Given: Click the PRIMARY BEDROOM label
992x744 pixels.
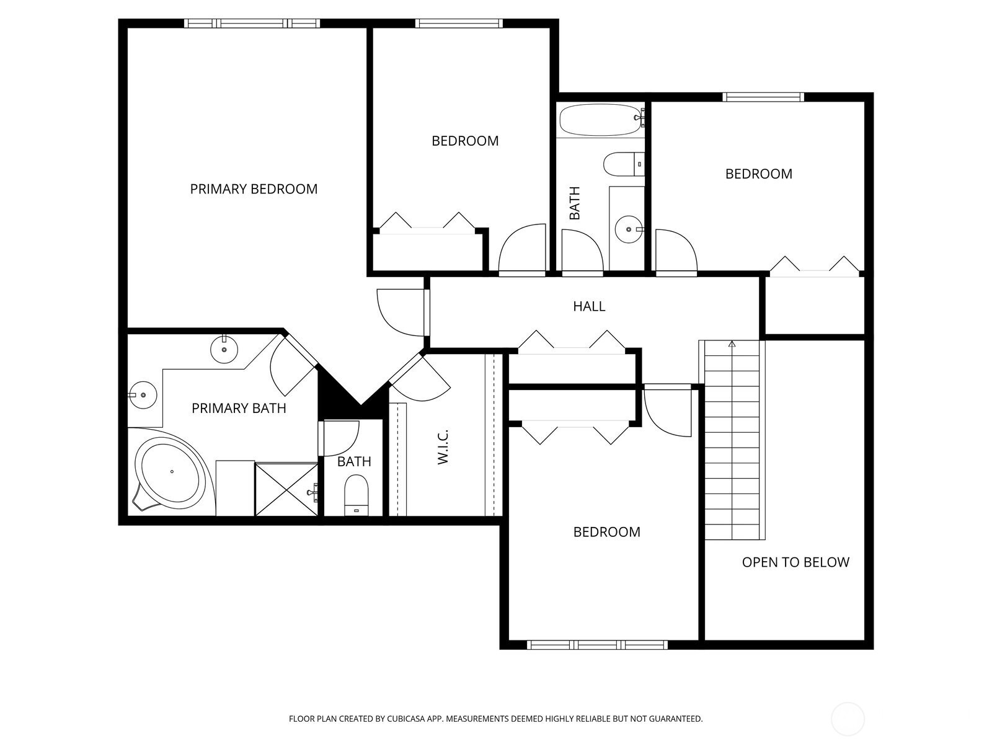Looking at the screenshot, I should [x=254, y=189].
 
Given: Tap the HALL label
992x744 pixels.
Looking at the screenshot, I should [x=589, y=306].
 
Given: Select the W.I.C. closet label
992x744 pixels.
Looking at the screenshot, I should [x=443, y=446].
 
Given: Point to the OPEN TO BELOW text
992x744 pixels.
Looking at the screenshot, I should [x=795, y=562].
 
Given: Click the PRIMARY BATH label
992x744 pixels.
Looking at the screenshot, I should [x=239, y=409].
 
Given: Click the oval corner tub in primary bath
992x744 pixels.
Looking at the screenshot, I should [x=172, y=472].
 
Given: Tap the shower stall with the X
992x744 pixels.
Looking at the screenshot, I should [x=286, y=489].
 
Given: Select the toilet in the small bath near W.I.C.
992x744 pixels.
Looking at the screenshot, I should [x=356, y=495].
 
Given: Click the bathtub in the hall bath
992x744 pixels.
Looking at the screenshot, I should [x=600, y=120].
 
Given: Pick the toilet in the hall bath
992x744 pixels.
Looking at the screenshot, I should [x=622, y=164].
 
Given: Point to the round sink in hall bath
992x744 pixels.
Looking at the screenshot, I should [x=629, y=229].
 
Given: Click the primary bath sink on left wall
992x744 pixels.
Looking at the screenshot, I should [x=143, y=395].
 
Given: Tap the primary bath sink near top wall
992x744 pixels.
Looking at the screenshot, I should [x=224, y=349].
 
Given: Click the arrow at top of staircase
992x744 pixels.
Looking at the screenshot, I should [x=732, y=343].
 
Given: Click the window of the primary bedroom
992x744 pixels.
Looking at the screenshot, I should [x=252, y=24].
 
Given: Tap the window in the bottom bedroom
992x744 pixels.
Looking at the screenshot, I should [x=597, y=645].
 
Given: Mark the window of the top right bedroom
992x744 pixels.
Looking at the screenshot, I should [x=763, y=97].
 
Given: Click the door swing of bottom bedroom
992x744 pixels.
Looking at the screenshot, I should [x=666, y=412].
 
